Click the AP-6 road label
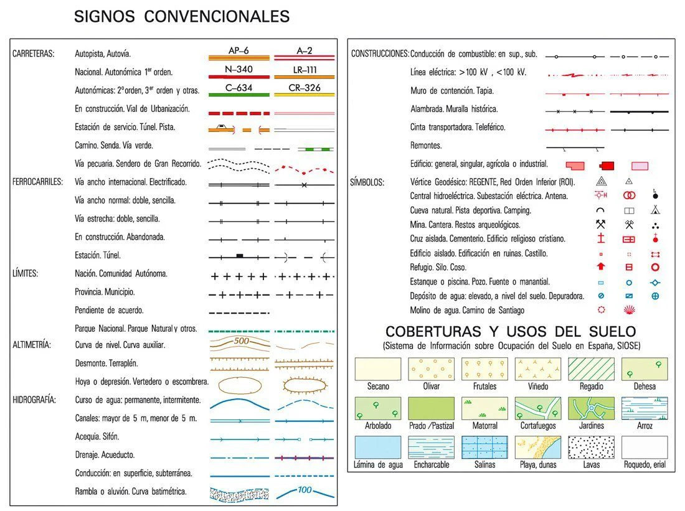[x=239, y=51]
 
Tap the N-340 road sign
[x=239, y=69]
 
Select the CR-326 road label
[x=305, y=88]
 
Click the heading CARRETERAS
[x=33, y=54]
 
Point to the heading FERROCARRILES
[x=37, y=182]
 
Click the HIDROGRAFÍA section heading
[x=34, y=400]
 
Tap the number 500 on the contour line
[x=241, y=341]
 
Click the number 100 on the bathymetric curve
[x=305, y=490]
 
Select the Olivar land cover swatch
[x=431, y=369]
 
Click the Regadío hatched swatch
[x=591, y=369]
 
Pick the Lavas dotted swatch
[x=591, y=448]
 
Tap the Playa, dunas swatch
[x=538, y=448]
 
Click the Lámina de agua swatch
[x=377, y=448]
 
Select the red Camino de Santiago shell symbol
[x=629, y=310]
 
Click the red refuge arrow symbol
[x=601, y=267]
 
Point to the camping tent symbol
[x=654, y=210]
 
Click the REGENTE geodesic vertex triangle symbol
[x=601, y=182]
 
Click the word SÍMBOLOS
[x=367, y=182]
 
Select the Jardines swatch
[x=591, y=408]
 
